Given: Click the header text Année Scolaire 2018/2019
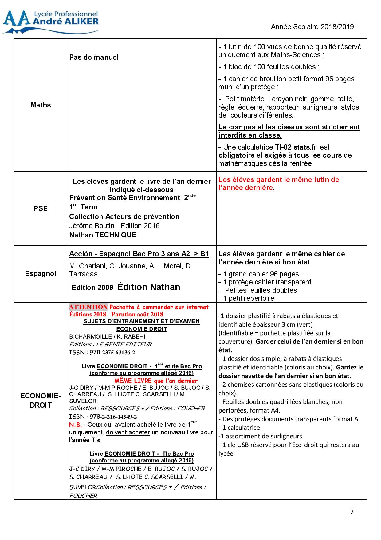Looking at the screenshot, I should point(312,27).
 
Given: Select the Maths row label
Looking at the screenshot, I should point(41,105).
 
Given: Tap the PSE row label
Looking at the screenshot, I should point(41,208).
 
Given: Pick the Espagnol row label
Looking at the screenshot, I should point(41,273).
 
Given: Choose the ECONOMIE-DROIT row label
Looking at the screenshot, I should point(41,401).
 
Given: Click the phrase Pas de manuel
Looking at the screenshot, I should point(94,57).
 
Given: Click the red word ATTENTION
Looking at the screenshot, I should point(88,307).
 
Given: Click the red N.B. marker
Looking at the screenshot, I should point(75,425).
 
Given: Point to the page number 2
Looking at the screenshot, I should point(352,512).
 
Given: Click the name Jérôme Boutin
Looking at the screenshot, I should point(92,226).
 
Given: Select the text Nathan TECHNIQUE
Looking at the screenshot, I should point(103,235).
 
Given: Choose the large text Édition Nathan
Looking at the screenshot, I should point(149,287).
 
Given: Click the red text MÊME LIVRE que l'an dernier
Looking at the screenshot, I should point(156,381).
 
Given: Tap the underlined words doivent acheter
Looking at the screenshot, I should point(128,432).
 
